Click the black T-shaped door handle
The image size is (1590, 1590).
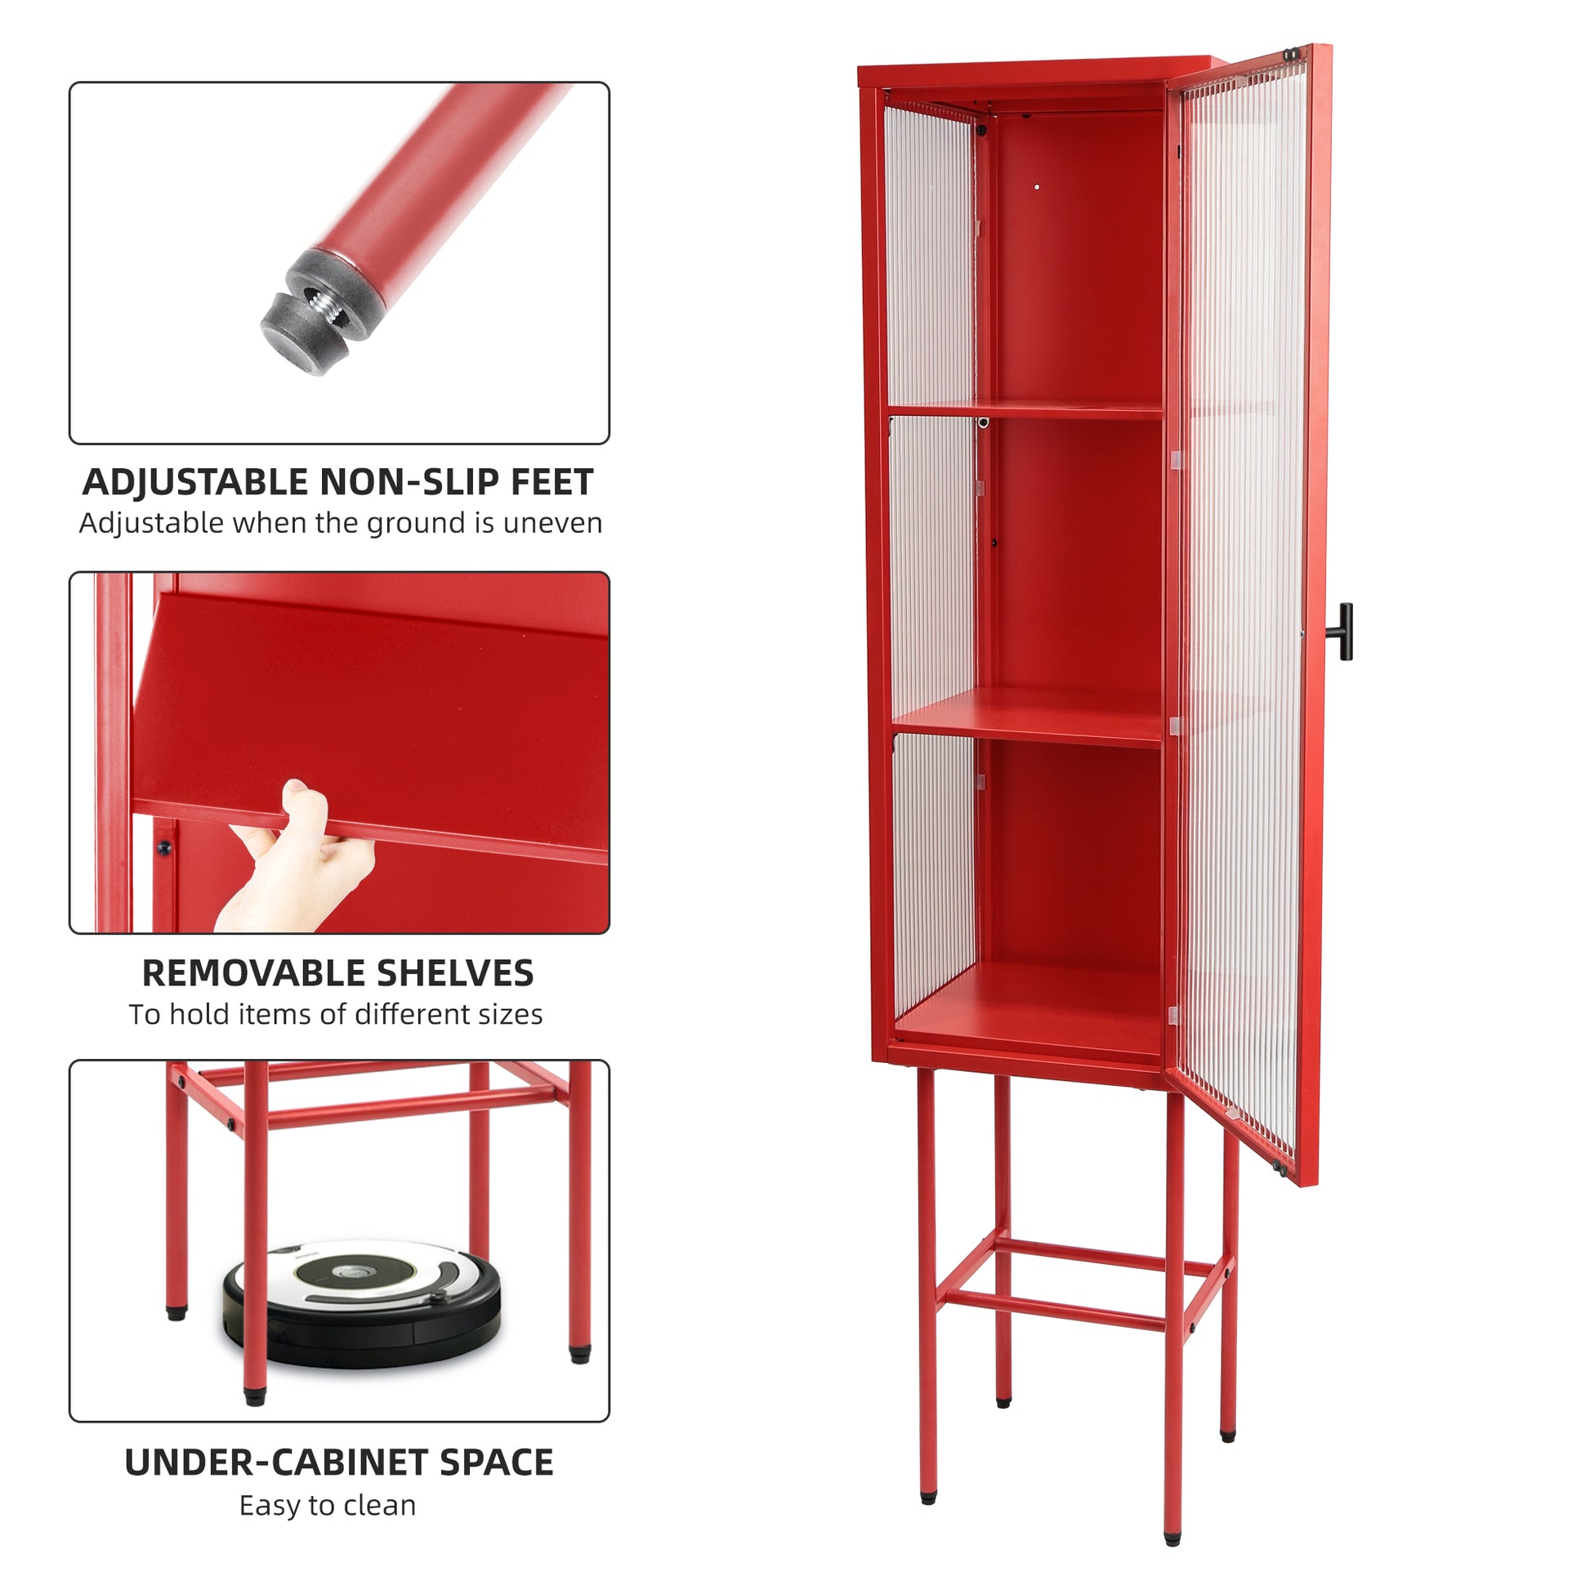coord(1343,632)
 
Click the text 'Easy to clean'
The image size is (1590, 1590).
coord(328,1505)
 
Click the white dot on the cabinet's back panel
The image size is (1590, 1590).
coord(1037,188)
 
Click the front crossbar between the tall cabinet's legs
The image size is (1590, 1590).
coord(1053,1311)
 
